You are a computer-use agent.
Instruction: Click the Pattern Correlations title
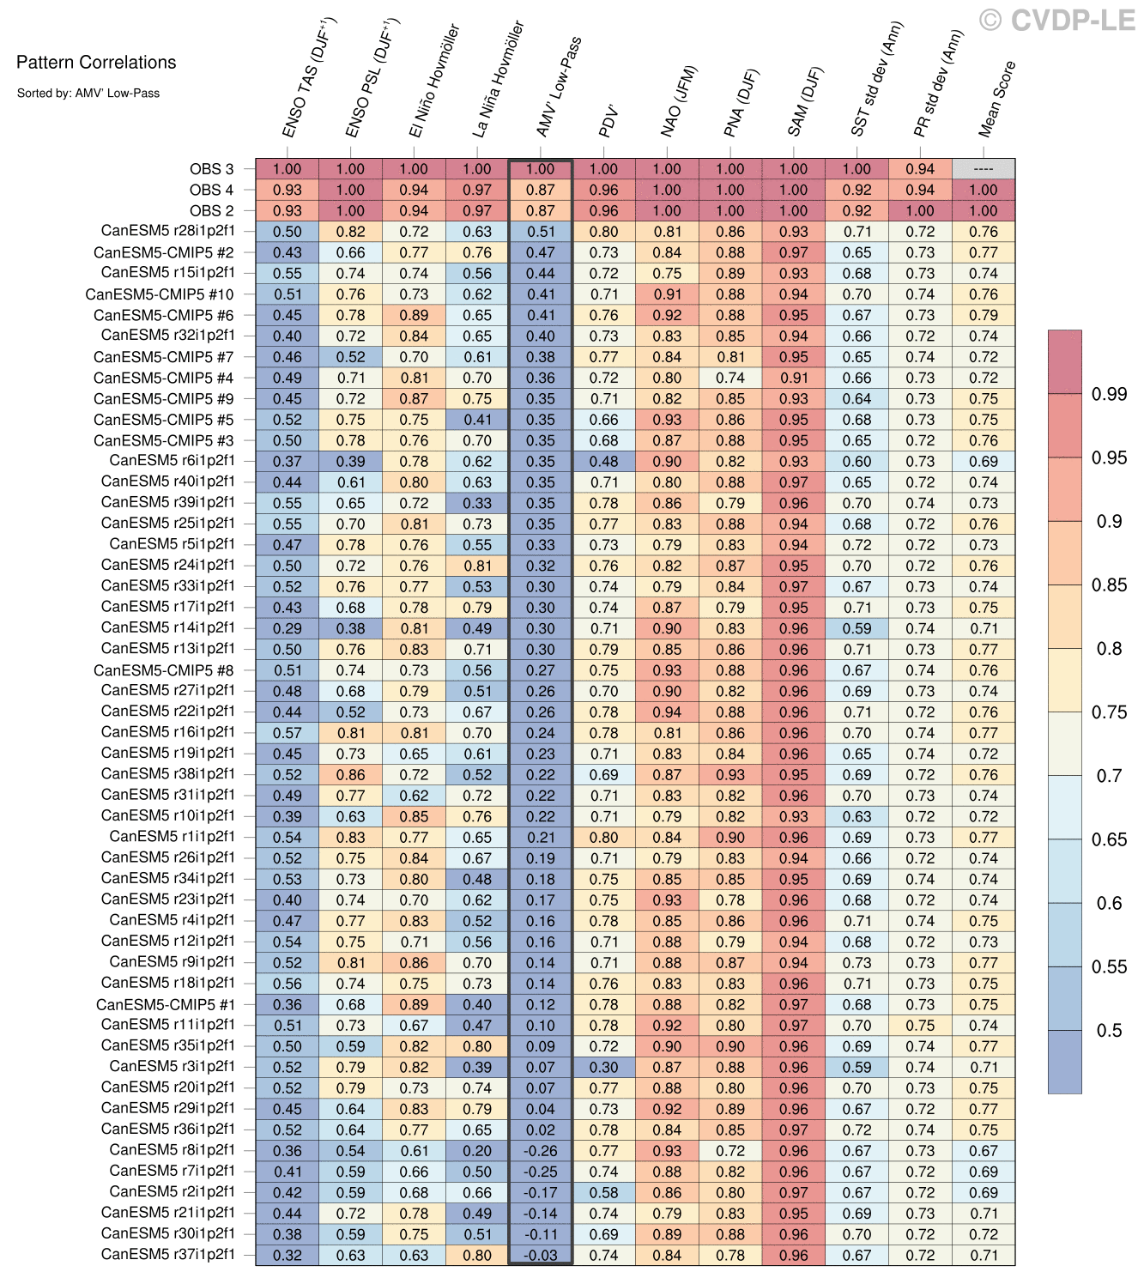(x=96, y=62)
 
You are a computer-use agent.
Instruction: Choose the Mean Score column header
(x=997, y=99)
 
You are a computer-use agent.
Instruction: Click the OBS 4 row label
(x=211, y=190)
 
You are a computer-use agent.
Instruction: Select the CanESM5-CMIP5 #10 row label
(x=160, y=294)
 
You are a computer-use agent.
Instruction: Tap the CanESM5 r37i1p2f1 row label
(x=167, y=1254)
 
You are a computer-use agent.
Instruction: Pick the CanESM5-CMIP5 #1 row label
(x=165, y=1003)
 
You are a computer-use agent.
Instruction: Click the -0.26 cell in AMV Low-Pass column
(x=541, y=1150)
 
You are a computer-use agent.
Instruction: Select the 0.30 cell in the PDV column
(x=604, y=1067)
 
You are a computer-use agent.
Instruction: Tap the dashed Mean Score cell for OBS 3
(x=984, y=169)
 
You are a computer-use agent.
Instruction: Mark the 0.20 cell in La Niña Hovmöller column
(x=477, y=1150)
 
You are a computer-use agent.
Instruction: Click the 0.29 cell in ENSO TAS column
(x=288, y=628)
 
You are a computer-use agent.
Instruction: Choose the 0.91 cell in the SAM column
(x=794, y=378)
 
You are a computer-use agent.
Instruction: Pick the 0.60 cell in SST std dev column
(x=856, y=461)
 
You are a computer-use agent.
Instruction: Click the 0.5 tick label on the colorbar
(x=1108, y=1030)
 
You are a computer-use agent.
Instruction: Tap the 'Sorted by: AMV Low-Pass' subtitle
(x=88, y=93)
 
